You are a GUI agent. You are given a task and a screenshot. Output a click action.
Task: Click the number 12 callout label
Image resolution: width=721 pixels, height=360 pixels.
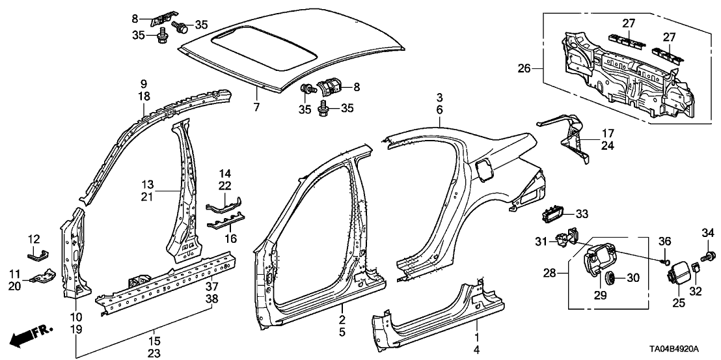pyautogui.click(x=34, y=240)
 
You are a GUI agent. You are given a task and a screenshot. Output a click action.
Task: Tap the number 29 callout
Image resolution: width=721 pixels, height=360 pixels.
pyautogui.click(x=599, y=297)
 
